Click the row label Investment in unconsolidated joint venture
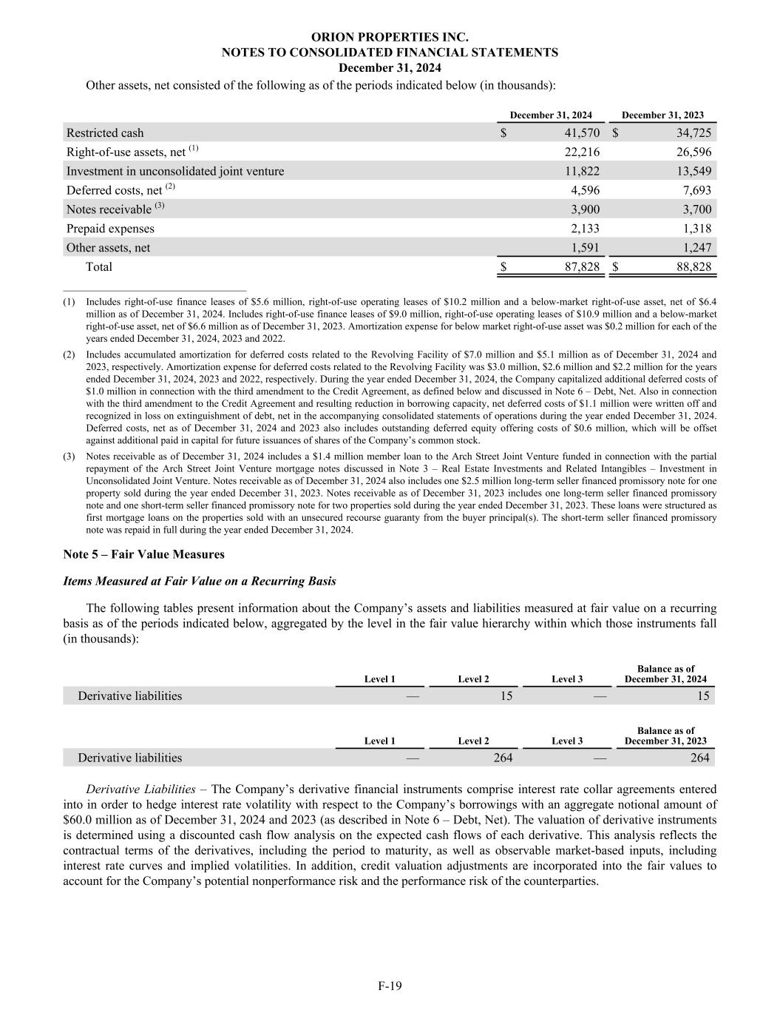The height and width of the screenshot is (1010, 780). click(175, 172)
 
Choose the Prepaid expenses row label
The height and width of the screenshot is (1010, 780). click(110, 229)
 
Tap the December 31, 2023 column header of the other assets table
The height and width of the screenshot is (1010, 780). click(662, 115)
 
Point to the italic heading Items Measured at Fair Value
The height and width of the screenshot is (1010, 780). click(200, 582)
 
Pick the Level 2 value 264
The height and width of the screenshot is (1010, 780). click(503, 758)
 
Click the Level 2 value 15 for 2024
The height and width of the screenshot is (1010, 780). click(506, 696)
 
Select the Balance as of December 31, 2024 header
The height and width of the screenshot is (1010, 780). click(665, 674)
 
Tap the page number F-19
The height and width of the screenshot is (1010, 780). click(390, 986)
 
